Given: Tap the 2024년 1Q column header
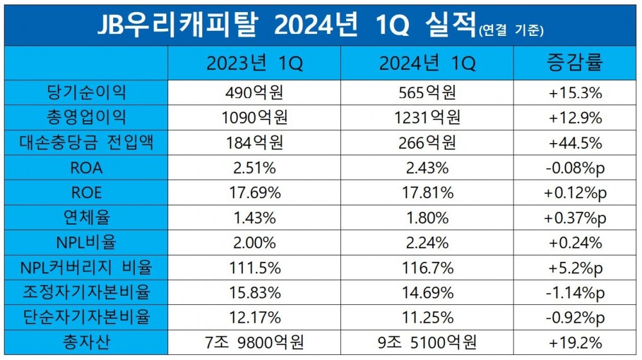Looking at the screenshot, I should click(x=427, y=64).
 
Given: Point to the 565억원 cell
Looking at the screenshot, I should click(x=427, y=92).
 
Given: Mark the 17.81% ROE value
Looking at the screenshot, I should click(x=427, y=193).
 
